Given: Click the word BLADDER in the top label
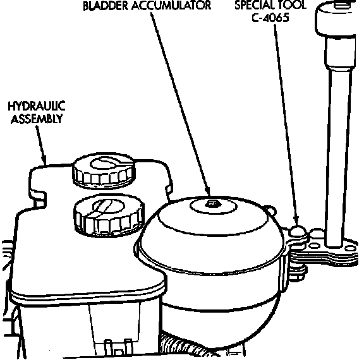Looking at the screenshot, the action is coord(106,6).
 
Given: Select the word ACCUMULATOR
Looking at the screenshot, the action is coord(171,6).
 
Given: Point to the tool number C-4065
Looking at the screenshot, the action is coord(270,18).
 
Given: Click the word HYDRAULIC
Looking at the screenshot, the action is coord(37,106).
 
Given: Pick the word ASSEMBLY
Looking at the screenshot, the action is coord(37,119).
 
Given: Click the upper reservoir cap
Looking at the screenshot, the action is coord(104,171).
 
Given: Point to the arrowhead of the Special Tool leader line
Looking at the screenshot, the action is coord(296,221).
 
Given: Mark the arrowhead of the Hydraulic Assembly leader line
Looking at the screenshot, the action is coord(44,159).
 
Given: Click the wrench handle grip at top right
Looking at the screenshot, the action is coord(336,18).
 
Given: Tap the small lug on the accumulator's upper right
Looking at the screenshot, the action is coord(270,210).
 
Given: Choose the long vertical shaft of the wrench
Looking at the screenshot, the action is coord(339,158).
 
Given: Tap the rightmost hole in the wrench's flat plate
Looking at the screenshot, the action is coord(350,249).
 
